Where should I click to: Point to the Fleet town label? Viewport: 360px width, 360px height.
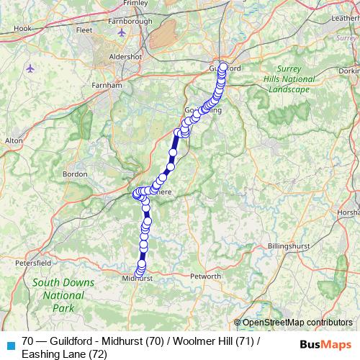click(x=84, y=31)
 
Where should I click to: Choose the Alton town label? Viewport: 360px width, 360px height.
click(x=14, y=142)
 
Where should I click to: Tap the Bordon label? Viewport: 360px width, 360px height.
click(x=76, y=174)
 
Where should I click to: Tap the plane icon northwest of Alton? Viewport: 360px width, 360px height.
click(x=30, y=68)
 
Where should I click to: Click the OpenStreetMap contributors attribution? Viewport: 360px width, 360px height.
click(x=297, y=323)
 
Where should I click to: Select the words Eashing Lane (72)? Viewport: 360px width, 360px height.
click(x=65, y=354)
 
